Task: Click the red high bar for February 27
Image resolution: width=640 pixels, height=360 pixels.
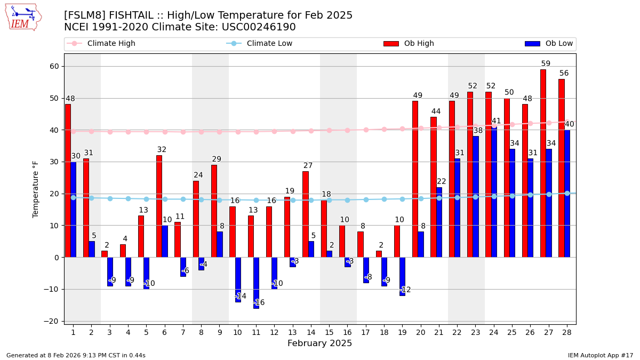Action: (x=543, y=163)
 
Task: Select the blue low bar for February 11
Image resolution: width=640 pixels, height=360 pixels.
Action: (x=257, y=283)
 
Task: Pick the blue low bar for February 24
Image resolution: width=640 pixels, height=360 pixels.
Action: (x=494, y=192)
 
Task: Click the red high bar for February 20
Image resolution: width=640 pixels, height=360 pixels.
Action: (x=415, y=179)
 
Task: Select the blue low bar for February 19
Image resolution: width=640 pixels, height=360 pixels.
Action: (x=403, y=276)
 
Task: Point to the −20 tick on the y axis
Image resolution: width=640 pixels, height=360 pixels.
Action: (x=54, y=321)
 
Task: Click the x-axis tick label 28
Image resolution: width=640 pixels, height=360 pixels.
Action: (x=567, y=332)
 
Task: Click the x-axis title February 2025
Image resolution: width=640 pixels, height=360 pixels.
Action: (x=319, y=343)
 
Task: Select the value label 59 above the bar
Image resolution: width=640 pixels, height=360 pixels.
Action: (x=546, y=64)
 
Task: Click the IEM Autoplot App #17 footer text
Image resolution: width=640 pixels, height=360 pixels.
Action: (x=600, y=355)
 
